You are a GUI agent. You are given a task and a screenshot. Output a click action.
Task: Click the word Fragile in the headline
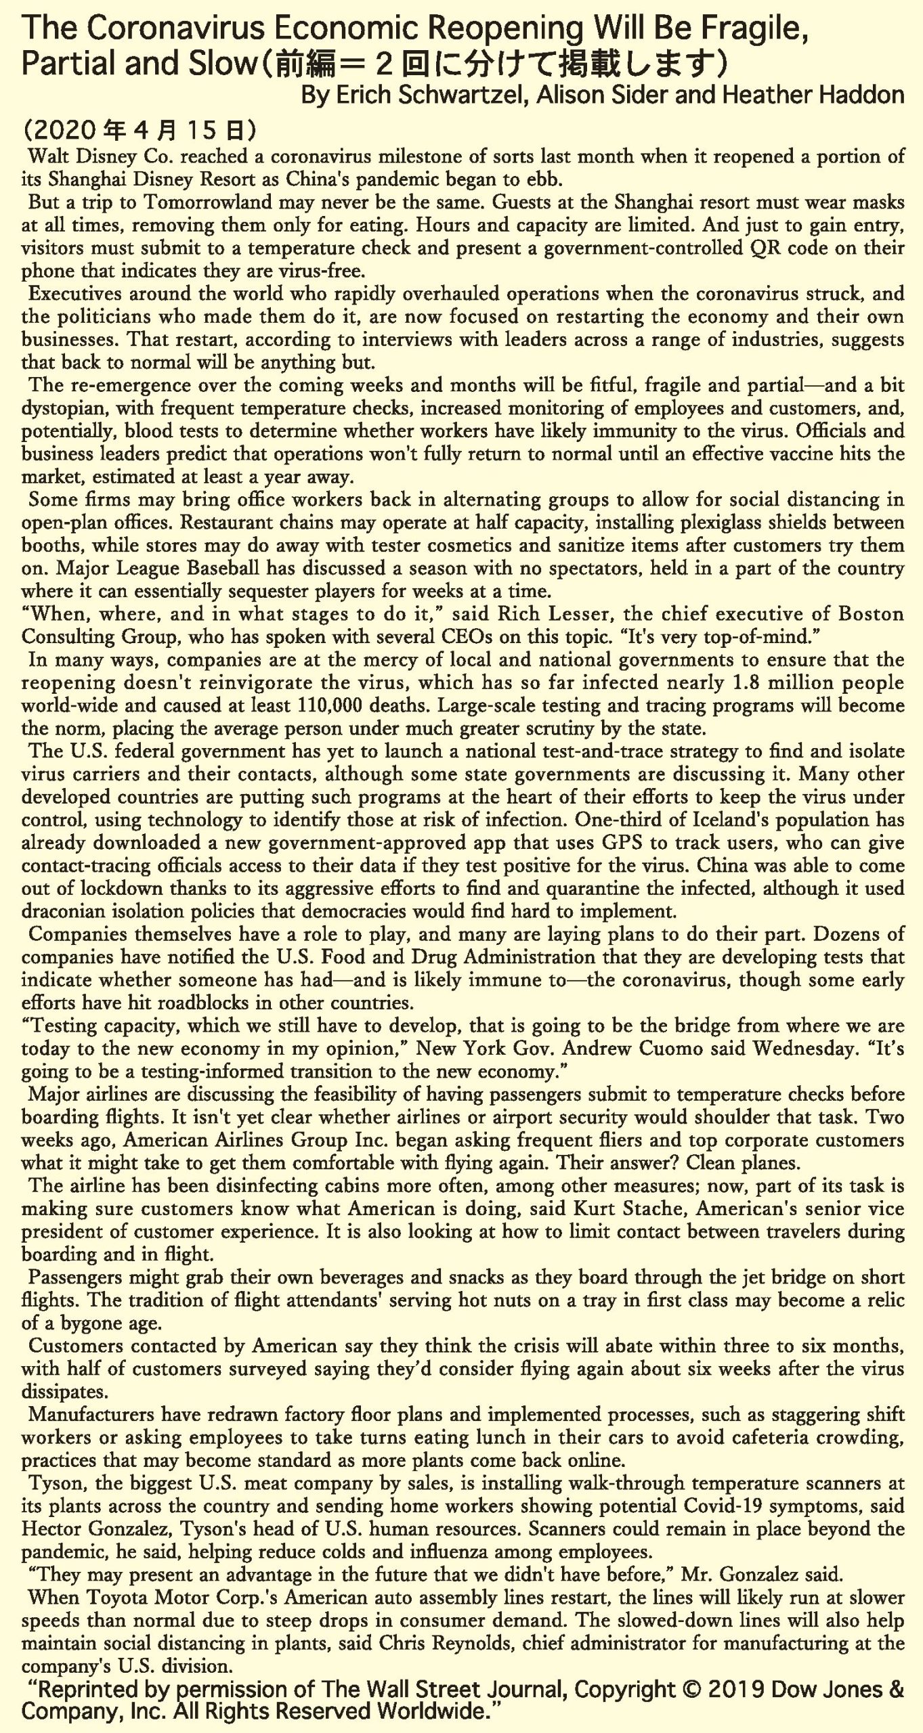[x=750, y=30]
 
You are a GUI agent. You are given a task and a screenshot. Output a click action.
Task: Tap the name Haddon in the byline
[x=861, y=95]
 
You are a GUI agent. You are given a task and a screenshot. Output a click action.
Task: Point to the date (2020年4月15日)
[x=139, y=129]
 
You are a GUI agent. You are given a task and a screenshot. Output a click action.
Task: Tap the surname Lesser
[x=575, y=614]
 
